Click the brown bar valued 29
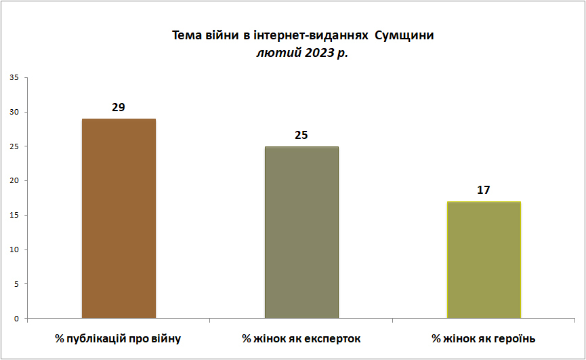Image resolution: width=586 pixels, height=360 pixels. click(x=119, y=219)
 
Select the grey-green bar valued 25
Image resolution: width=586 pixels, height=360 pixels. click(x=301, y=233)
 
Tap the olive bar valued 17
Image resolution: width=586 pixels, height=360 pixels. click(x=484, y=260)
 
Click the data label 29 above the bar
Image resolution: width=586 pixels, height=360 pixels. click(x=119, y=107)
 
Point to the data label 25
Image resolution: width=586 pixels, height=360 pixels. click(x=301, y=135)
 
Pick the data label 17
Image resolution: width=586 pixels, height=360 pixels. click(x=483, y=190)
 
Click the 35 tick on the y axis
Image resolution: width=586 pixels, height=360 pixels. click(x=14, y=78)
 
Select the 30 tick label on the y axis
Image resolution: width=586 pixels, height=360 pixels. click(x=14, y=112)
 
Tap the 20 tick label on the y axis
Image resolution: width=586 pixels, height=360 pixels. click(x=14, y=181)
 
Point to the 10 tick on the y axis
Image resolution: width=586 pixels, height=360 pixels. click(x=14, y=249)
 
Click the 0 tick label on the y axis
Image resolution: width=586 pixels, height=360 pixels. click(x=16, y=319)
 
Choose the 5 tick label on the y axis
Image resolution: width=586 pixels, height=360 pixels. click(x=16, y=285)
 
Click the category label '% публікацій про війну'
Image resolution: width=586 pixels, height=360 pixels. click(x=118, y=339)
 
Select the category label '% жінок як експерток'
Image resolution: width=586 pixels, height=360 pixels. click(x=301, y=339)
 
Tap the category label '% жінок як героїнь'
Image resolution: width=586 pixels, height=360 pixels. click(x=484, y=339)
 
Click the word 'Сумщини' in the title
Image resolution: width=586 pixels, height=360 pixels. click(x=404, y=35)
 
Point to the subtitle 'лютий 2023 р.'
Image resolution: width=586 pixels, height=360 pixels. click(x=302, y=53)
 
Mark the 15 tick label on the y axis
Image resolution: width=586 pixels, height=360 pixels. click(x=14, y=216)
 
